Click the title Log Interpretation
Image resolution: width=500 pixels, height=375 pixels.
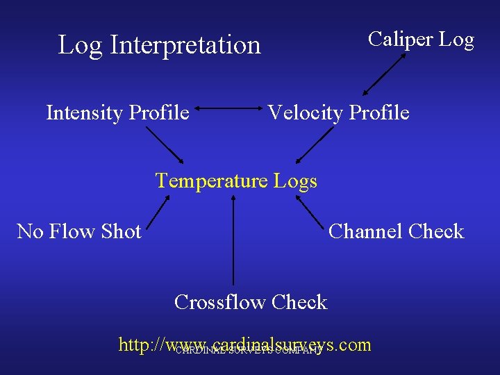(159, 45)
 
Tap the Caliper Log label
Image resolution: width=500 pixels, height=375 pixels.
(421, 40)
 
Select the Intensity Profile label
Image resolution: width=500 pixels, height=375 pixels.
(117, 112)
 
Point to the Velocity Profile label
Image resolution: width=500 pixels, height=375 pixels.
(338, 112)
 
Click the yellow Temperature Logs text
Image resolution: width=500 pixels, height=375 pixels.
(236, 181)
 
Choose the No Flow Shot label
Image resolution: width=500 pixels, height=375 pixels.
(79, 231)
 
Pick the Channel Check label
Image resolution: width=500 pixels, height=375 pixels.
(396, 231)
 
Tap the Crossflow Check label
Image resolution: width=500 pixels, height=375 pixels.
(251, 302)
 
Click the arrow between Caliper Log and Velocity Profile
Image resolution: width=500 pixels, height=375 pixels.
(384, 74)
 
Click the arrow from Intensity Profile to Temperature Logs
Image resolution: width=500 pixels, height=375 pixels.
(165, 145)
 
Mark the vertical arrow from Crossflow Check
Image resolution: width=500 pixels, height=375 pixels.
(233, 240)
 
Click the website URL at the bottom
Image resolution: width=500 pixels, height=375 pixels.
(245, 344)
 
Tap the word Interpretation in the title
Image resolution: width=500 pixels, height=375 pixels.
(185, 45)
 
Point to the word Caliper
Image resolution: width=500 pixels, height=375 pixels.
(400, 40)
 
